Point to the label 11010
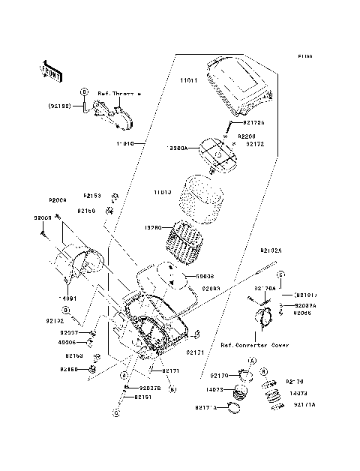click(x=124, y=142)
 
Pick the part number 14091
click(x=69, y=298)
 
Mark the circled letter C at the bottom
click(x=117, y=412)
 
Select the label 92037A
click(x=305, y=306)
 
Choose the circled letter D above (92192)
click(x=84, y=91)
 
